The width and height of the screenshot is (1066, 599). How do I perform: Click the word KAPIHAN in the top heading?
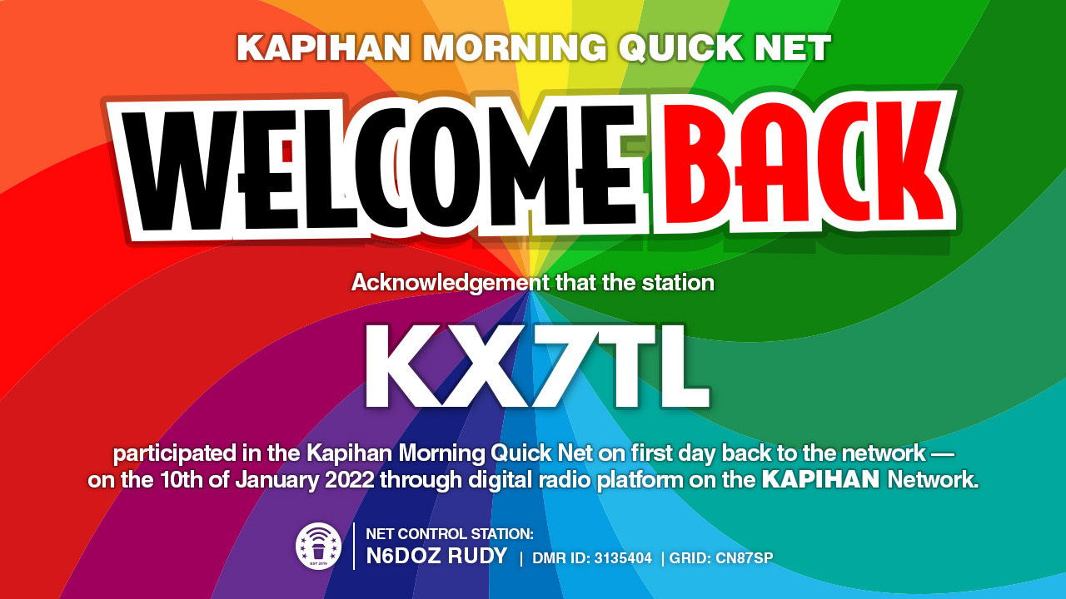pos(323,47)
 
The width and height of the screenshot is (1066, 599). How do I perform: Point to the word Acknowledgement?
pos(451,284)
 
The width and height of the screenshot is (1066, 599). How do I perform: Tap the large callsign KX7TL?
pos(537,366)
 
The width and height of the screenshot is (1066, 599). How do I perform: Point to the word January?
pos(276,481)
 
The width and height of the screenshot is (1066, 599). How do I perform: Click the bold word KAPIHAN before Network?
pos(821,480)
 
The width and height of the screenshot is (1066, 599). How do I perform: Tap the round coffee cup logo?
pos(318,546)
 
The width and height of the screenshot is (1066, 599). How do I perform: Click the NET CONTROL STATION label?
pos(450,534)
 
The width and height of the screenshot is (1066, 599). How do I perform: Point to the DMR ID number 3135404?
pos(623,558)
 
